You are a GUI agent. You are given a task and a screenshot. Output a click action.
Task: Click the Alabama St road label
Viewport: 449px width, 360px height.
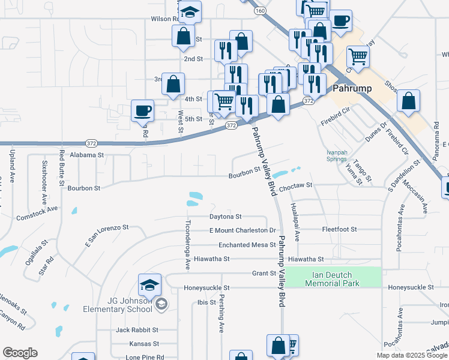[86, 154]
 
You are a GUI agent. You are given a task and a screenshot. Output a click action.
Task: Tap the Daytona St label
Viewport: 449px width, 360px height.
[225, 216]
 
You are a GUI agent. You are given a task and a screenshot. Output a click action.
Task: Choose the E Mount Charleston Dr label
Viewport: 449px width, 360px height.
[242, 230]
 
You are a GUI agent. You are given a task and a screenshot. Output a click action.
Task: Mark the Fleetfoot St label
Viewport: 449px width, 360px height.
[339, 229]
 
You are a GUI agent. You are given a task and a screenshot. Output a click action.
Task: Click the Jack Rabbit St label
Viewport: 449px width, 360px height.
[137, 330]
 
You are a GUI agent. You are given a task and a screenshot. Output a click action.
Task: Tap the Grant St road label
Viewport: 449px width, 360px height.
[264, 274]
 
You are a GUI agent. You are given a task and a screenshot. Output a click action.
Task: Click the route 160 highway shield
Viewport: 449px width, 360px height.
[259, 11]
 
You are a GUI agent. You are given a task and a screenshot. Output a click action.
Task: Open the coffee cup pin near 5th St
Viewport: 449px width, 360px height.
[143, 110]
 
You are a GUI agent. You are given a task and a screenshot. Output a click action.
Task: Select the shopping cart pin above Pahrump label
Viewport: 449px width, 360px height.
[357, 58]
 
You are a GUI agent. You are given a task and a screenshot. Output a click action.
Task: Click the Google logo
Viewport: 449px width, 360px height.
[20, 353]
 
